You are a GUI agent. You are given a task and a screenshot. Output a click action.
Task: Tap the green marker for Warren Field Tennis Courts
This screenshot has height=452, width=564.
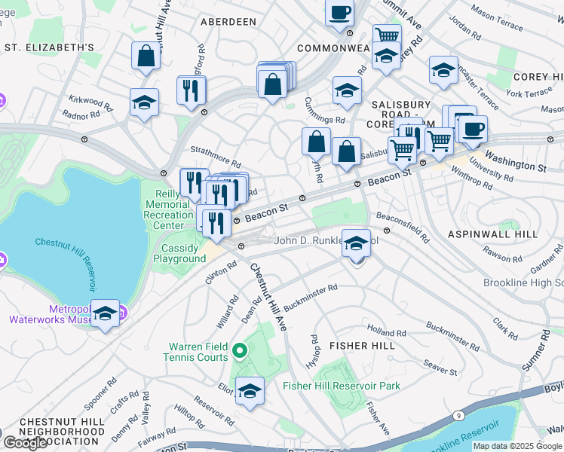coord(239,350)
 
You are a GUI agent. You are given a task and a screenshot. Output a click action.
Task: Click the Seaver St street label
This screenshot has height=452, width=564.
coord(440,367)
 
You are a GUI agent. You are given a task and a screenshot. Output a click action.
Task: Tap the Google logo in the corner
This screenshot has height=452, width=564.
coord(25,443)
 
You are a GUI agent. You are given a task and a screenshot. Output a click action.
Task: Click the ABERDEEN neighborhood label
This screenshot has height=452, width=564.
coord(228,22)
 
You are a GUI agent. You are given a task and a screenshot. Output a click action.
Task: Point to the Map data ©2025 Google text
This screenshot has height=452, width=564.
coord(517,446)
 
